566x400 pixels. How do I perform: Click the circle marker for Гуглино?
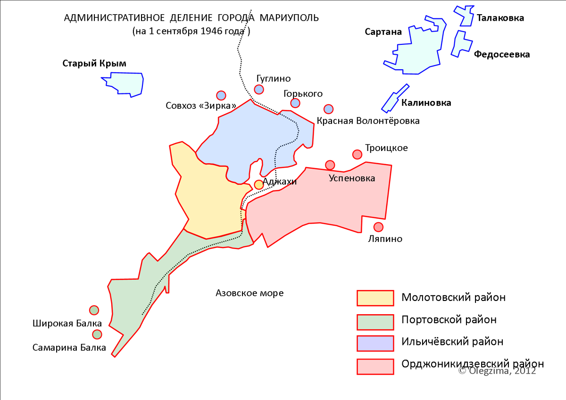coord(259,89)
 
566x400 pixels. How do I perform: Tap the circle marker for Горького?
coord(295,103)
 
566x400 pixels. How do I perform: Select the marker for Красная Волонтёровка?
coord(329,109)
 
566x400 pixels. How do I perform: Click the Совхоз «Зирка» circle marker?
coord(221,95)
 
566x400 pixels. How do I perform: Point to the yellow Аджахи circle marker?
coord(259,184)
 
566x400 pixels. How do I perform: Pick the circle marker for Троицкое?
coord(357,154)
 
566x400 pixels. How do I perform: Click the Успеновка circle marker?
coord(330,165)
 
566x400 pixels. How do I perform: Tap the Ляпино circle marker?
coord(378,227)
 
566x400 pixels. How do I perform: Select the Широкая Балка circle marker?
coord(94,310)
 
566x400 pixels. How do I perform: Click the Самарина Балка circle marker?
coord(97,334)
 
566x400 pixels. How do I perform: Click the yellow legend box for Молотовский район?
coord(375,298)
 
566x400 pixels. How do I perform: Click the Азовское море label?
coord(250,293)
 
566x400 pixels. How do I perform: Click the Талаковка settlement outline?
coord(464,16)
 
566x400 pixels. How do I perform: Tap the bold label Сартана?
coord(383,32)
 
